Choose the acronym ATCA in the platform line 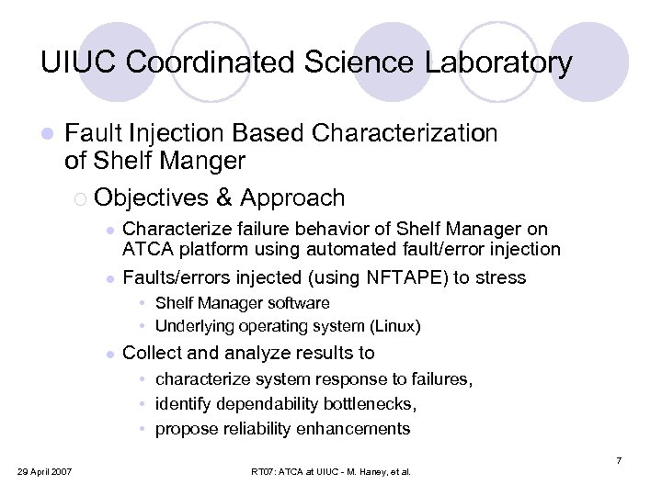145,249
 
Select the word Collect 152,353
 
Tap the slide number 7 619,459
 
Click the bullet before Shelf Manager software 144,303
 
